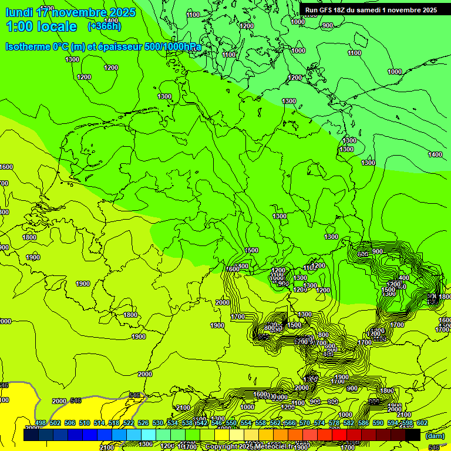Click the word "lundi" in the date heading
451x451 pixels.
[x=19, y=12]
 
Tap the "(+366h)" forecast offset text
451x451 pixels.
[x=105, y=26]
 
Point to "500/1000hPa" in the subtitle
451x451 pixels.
[x=173, y=46]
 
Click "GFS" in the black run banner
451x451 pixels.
[x=326, y=10]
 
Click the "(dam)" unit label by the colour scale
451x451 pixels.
[x=435, y=435]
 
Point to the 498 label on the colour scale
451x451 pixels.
[x=41, y=423]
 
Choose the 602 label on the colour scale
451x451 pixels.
[x=422, y=423]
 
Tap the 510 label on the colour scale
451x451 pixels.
[x=85, y=423]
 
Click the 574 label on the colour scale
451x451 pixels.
[x=319, y=423]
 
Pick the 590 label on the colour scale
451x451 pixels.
[x=378, y=423]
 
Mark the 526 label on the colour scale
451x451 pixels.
[x=143, y=423]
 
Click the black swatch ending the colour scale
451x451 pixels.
[x=413, y=435]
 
